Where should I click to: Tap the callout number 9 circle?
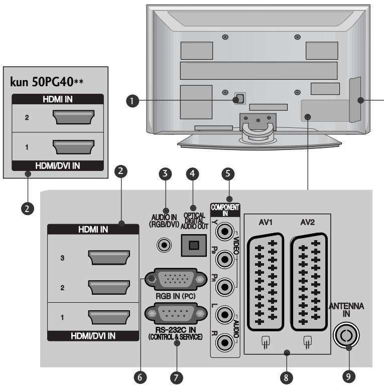point(347,374)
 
